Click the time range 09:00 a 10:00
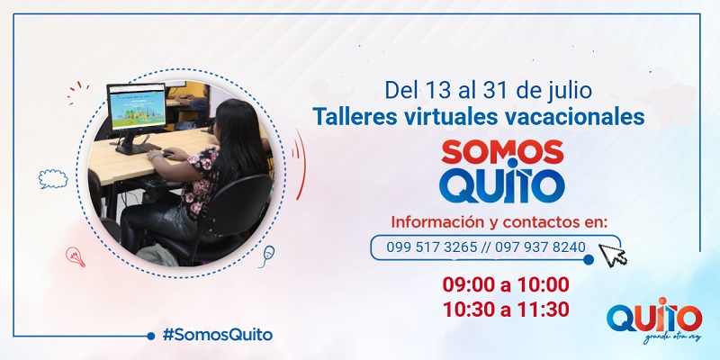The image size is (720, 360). pyautogui.click(x=505, y=285)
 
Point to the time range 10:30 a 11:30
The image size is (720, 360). pyautogui.click(x=505, y=310)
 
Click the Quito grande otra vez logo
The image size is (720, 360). pyautogui.click(x=653, y=320)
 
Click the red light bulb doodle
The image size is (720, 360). pyautogui.click(x=76, y=257)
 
